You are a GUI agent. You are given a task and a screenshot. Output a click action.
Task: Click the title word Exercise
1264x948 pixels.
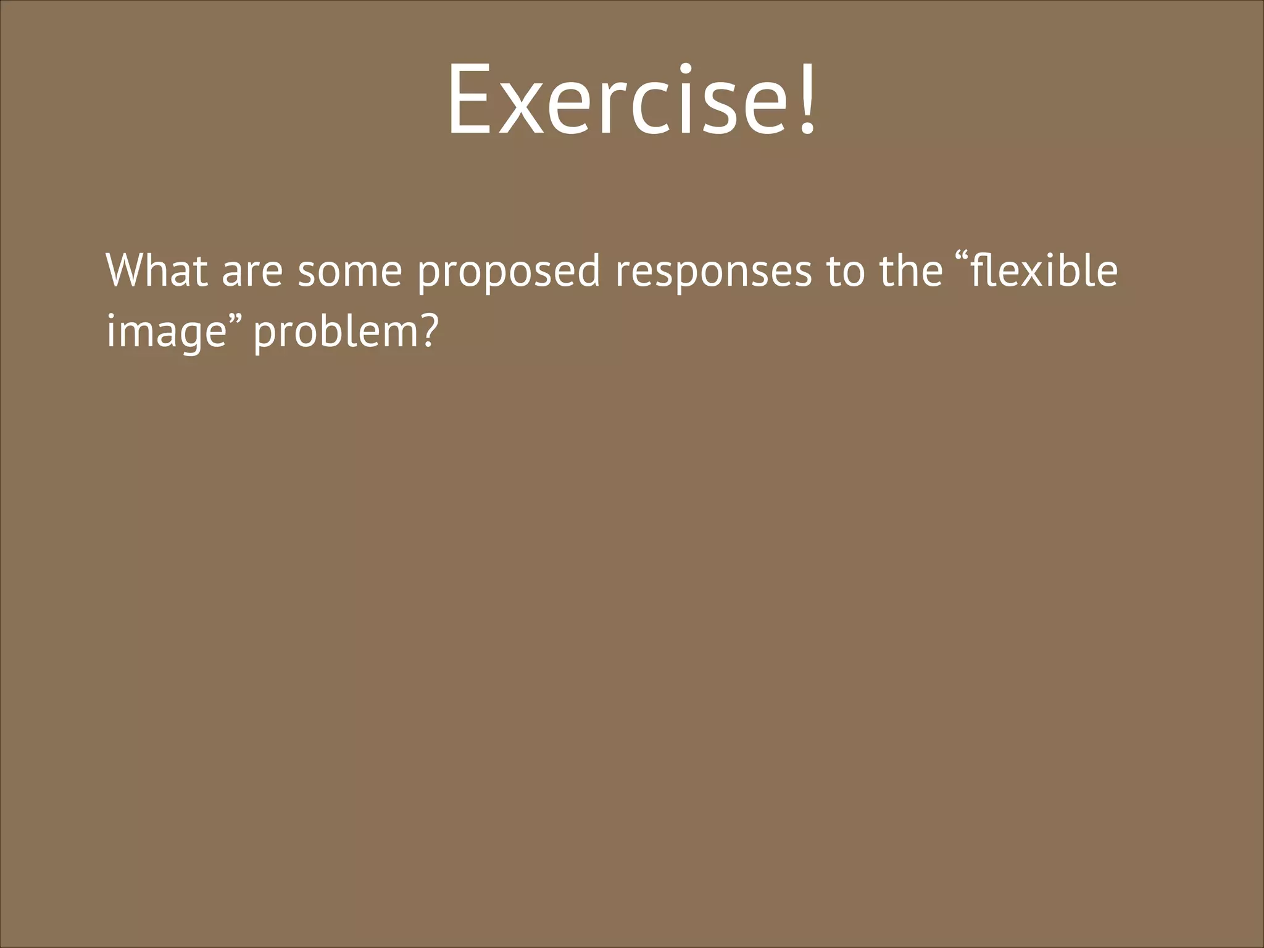tap(617, 99)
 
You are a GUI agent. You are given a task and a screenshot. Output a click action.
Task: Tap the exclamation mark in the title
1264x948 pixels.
tap(807, 99)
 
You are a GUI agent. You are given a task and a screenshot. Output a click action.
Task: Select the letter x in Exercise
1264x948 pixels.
tap(523, 108)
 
